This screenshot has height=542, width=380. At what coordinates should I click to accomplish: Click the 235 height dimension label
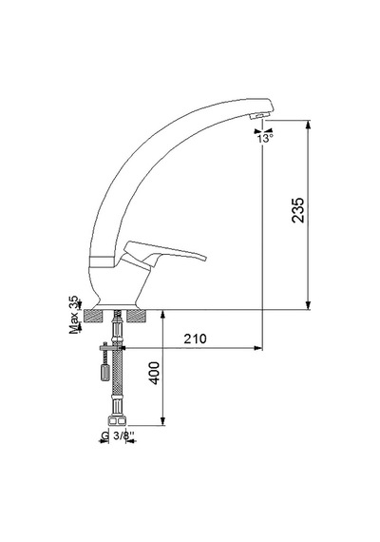(297, 210)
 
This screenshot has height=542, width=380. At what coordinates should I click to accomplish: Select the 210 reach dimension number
(195, 339)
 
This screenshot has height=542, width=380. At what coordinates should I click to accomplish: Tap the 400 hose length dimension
(155, 373)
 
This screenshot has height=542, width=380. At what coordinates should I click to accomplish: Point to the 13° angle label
(265, 139)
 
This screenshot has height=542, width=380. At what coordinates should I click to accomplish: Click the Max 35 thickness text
(74, 315)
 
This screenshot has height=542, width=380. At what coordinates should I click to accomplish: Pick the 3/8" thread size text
(121, 436)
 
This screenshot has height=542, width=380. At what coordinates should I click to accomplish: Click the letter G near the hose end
(105, 436)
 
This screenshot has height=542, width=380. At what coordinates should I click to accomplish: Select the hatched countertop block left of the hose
(94, 317)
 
